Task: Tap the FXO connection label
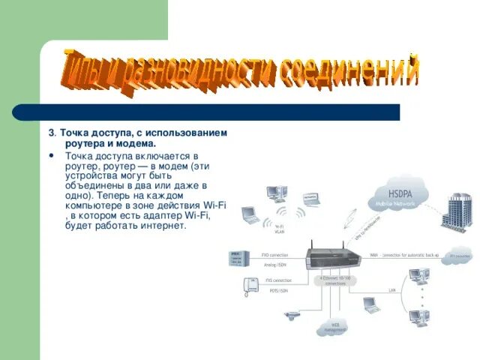point(274,255)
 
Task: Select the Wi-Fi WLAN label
point(279,229)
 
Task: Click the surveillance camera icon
point(289,315)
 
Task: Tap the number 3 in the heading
point(51,133)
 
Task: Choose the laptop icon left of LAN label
point(369,304)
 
